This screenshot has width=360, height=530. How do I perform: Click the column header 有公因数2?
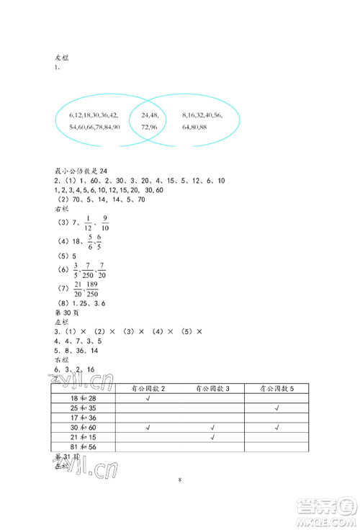click(x=149, y=389)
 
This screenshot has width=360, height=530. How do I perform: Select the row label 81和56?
click(x=83, y=446)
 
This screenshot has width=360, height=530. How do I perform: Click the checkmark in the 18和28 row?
click(x=148, y=398)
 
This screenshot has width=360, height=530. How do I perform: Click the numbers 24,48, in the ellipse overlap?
click(x=150, y=114)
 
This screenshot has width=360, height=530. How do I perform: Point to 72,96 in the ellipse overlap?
click(x=150, y=126)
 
